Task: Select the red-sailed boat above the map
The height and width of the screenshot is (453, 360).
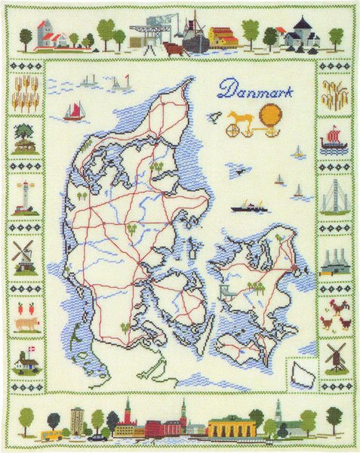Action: [74, 112]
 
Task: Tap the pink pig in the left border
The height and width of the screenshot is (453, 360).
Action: [24, 322]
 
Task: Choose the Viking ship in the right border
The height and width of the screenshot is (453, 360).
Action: [334, 140]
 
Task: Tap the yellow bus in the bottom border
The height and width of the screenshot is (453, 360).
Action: [53, 435]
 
